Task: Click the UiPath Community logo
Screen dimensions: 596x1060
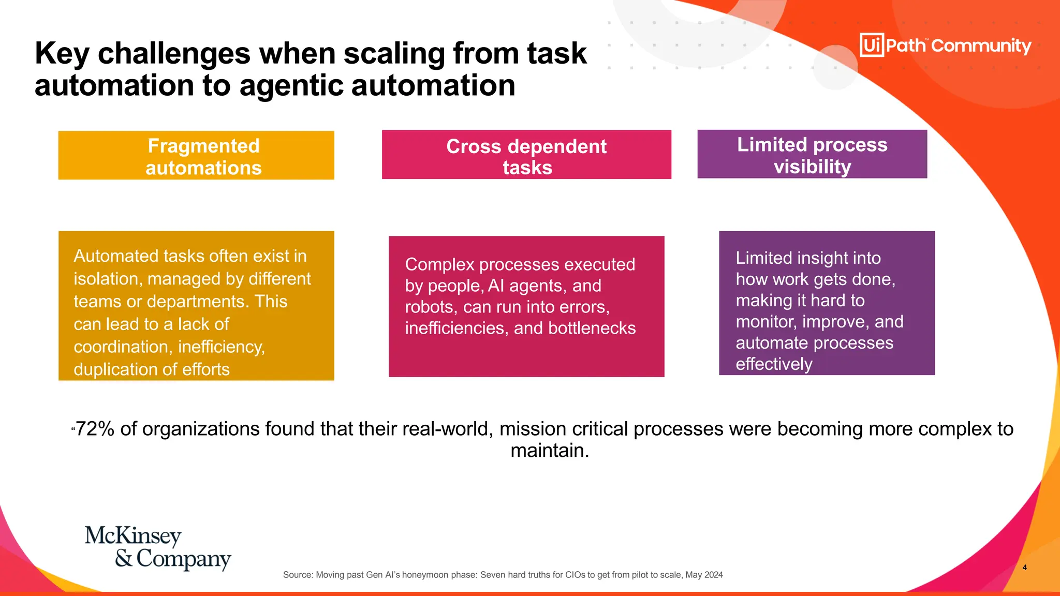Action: [x=945, y=46]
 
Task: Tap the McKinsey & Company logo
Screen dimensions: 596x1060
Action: [x=158, y=547]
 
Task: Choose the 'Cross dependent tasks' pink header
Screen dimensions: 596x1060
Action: [x=526, y=155]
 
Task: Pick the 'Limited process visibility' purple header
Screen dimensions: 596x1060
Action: [x=812, y=154]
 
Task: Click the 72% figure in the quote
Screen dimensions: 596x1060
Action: [x=95, y=429]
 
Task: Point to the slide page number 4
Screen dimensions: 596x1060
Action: [x=1024, y=568]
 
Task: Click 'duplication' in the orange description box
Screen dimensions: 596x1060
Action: [x=116, y=369]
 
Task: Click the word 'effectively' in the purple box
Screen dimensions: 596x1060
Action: [x=774, y=364]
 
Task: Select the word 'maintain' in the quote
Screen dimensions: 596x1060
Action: [x=549, y=451]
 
